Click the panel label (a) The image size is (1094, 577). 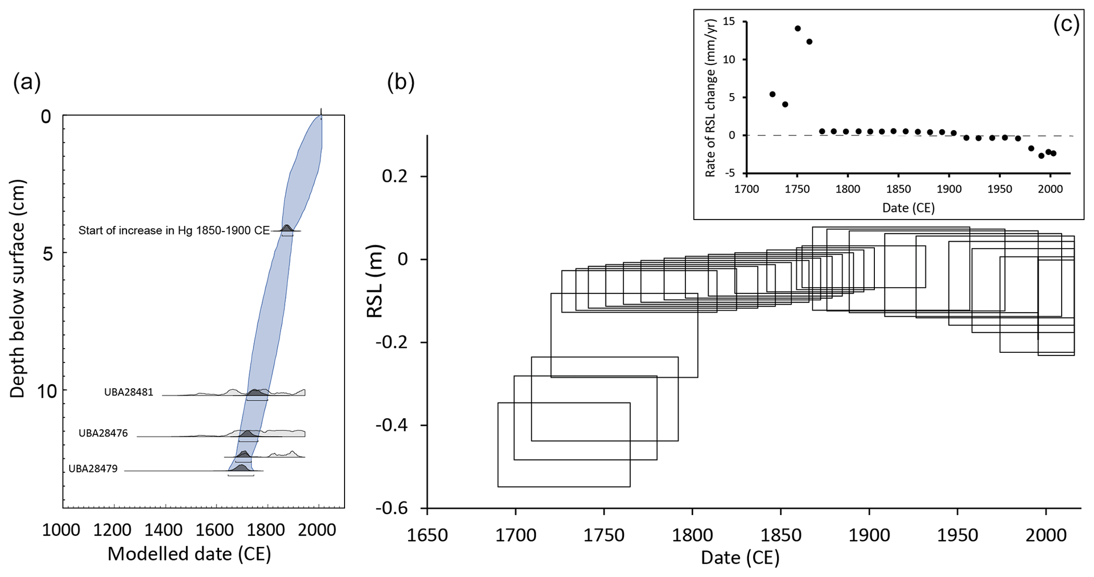(27, 83)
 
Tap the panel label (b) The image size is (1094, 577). (401, 83)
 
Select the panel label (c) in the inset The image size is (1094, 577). (1066, 25)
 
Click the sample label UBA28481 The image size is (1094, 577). (129, 392)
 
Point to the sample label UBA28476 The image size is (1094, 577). (103, 433)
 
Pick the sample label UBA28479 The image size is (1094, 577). (93, 469)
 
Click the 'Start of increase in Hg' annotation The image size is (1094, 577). (174, 231)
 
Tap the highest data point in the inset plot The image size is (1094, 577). (798, 29)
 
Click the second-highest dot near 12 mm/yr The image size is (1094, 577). (809, 42)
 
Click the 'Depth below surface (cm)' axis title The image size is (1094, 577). (18, 289)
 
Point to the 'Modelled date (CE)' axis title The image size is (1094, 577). (189, 554)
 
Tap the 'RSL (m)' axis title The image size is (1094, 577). (375, 281)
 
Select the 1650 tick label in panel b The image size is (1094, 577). (427, 535)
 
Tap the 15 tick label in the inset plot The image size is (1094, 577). (729, 22)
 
